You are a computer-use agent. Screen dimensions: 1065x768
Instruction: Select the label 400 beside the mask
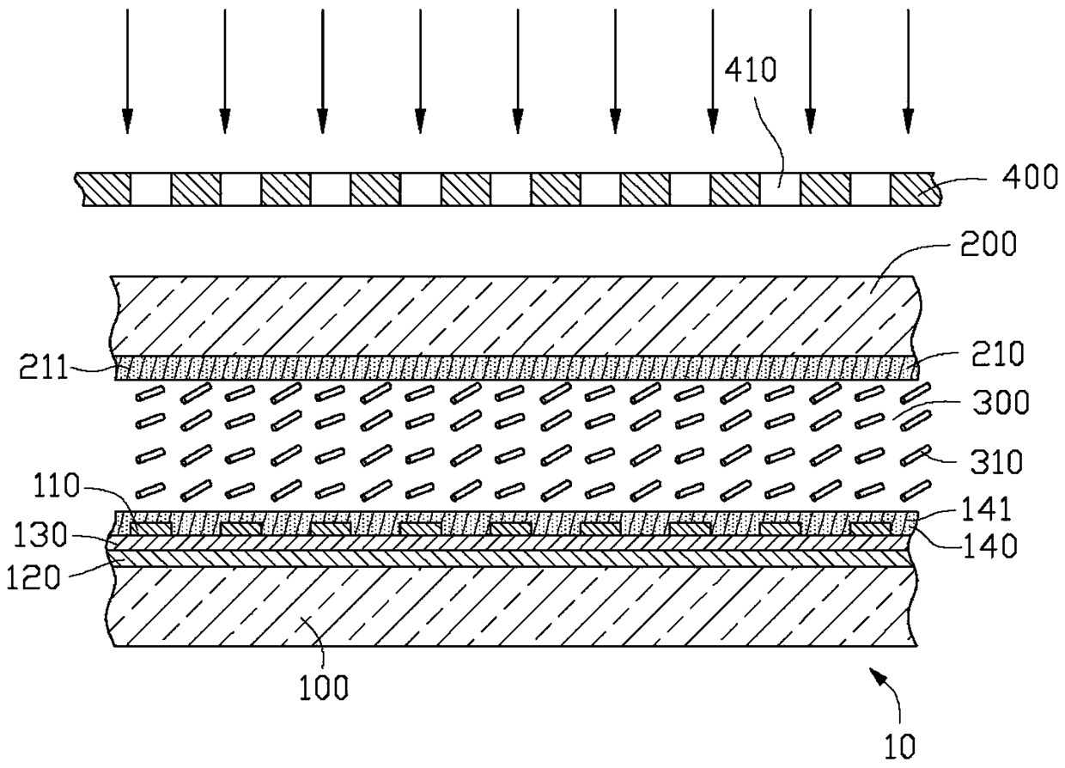(1029, 177)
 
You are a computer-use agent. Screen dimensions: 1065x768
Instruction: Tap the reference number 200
(989, 245)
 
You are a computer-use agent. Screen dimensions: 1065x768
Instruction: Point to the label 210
(997, 354)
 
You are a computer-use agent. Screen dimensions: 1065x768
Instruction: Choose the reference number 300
(1001, 402)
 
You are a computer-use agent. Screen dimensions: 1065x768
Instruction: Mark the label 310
(996, 461)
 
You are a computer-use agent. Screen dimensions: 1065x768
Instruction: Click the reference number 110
(56, 485)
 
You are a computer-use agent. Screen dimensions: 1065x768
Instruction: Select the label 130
(40, 534)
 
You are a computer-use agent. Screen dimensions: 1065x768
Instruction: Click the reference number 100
(324, 686)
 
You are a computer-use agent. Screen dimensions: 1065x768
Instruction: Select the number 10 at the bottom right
(900, 747)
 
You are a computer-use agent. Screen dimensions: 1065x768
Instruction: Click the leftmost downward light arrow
(127, 71)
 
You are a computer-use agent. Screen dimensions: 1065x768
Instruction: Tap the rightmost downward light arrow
(908, 71)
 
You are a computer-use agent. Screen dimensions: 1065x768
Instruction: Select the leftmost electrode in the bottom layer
(150, 527)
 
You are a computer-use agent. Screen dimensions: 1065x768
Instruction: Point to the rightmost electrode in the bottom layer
(871, 527)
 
